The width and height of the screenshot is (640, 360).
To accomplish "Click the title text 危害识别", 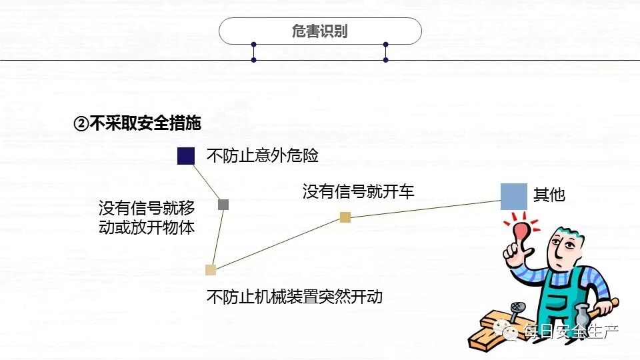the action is coord(320,31).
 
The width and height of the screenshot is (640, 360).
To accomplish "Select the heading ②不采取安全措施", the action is coord(137,124).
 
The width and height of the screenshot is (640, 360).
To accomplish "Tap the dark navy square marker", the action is coord(186,156).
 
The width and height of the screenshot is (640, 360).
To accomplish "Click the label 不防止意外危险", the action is coord(263,156).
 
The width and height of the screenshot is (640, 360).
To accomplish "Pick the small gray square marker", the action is coord(223,205).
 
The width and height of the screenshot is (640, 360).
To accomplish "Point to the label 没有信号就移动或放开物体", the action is coord(147,217).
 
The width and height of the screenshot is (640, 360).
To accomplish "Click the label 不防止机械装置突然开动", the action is coord(295,296).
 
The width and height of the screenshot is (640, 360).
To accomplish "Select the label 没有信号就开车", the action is coord(358,192).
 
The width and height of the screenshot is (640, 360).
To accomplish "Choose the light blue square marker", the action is coord(514,197).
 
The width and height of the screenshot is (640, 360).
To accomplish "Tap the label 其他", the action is coord(549,195).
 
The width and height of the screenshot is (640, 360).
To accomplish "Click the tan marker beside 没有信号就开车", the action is coord(345,217).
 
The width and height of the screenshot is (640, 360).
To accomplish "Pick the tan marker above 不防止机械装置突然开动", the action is coord(211,270).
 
